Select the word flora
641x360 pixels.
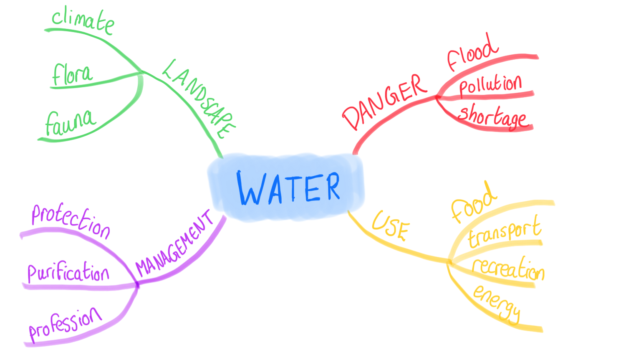pyautogui.click(x=72, y=75)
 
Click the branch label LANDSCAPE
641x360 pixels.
pyautogui.click(x=199, y=99)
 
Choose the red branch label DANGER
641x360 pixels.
pyautogui.click(x=384, y=101)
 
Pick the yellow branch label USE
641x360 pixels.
pyautogui.click(x=391, y=226)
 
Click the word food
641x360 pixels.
pyautogui.click(x=473, y=203)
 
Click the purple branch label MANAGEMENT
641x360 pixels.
pyautogui.click(x=174, y=245)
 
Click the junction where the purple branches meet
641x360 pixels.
pyautogui.click(x=137, y=285)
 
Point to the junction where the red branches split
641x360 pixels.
pyautogui.click(x=437, y=97)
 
